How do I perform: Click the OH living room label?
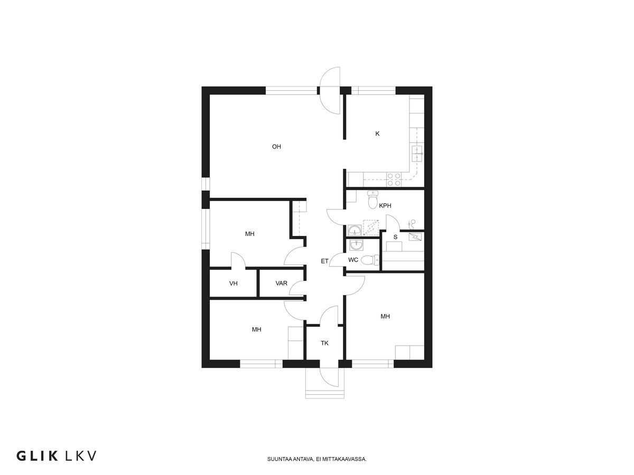276,147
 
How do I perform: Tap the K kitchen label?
377,134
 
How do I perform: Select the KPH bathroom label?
385,206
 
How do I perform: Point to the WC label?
353,260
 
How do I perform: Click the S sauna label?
395,237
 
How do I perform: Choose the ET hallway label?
324,261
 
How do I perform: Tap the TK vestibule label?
324,343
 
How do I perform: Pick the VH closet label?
234,283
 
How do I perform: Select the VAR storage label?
281,283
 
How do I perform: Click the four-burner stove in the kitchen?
394,179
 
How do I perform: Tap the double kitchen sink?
417,154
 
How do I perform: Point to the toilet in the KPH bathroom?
372,199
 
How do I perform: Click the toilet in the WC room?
370,260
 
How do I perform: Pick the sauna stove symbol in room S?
415,237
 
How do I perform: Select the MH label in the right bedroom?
385,316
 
